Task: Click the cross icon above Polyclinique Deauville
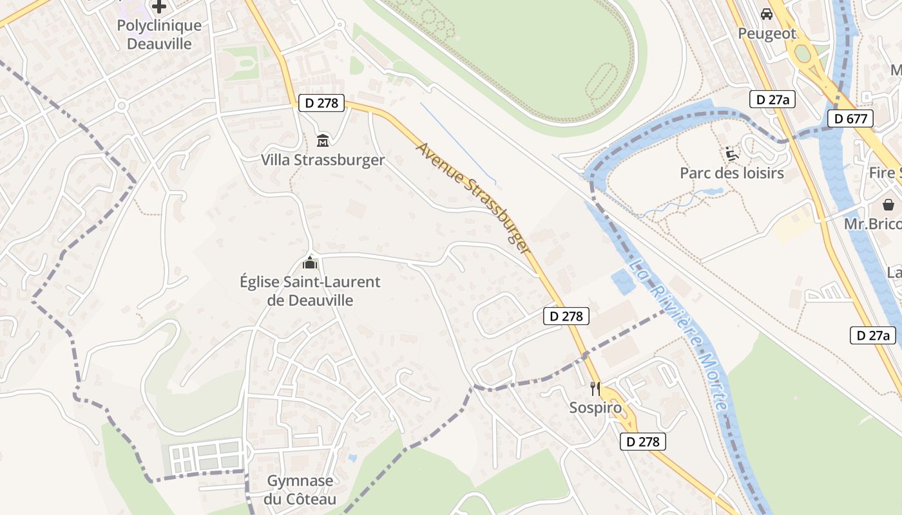159,7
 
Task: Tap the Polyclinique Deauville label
159,35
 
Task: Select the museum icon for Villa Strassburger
323,140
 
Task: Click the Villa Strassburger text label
323,160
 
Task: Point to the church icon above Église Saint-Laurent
310,263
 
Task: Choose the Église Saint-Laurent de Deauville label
310,291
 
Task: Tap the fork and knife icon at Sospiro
595,388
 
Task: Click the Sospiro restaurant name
595,407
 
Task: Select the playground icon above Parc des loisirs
732,153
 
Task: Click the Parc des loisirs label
732,173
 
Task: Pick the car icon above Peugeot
767,14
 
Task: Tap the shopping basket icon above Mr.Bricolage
888,204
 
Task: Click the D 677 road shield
850,118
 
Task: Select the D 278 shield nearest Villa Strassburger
321,103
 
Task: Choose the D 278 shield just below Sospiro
642,442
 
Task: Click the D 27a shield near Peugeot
773,99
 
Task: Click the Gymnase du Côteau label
300,490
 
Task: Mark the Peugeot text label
767,33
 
